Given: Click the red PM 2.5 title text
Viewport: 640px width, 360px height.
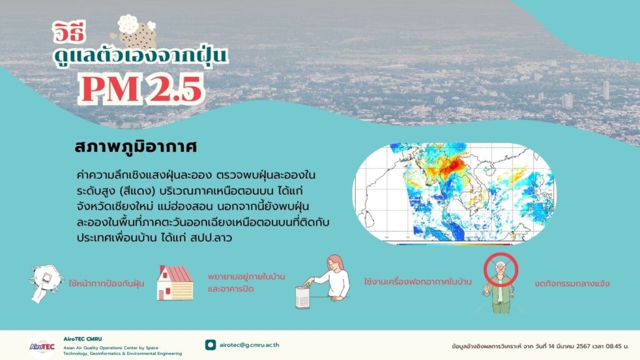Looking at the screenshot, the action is [x=141, y=89].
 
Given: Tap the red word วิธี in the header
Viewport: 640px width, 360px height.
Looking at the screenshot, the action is [x=69, y=32].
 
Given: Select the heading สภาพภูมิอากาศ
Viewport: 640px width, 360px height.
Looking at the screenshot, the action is [x=136, y=147].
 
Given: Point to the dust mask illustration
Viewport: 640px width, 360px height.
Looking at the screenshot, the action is [x=46, y=283].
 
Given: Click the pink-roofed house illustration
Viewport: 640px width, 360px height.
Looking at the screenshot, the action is [x=175, y=282].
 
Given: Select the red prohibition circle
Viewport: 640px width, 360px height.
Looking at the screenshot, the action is [x=501, y=269].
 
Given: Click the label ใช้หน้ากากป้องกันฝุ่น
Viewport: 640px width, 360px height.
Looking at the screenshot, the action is [x=106, y=283].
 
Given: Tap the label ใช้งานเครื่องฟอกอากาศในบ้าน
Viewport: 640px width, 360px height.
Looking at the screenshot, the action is [x=417, y=282].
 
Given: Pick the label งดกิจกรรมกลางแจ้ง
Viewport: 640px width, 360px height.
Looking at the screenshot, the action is [x=572, y=283].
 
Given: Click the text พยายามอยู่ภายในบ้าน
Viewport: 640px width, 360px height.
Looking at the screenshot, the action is [x=246, y=276].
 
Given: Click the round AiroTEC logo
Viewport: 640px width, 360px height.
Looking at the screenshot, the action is [x=42, y=346].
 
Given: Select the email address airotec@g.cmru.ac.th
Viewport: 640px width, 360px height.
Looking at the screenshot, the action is [x=249, y=345].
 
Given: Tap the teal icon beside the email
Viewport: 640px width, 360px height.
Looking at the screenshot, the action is [x=210, y=345].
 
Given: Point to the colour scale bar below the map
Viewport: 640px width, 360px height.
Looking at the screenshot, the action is [x=454, y=244].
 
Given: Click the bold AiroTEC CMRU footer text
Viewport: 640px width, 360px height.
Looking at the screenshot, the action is [x=83, y=339].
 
